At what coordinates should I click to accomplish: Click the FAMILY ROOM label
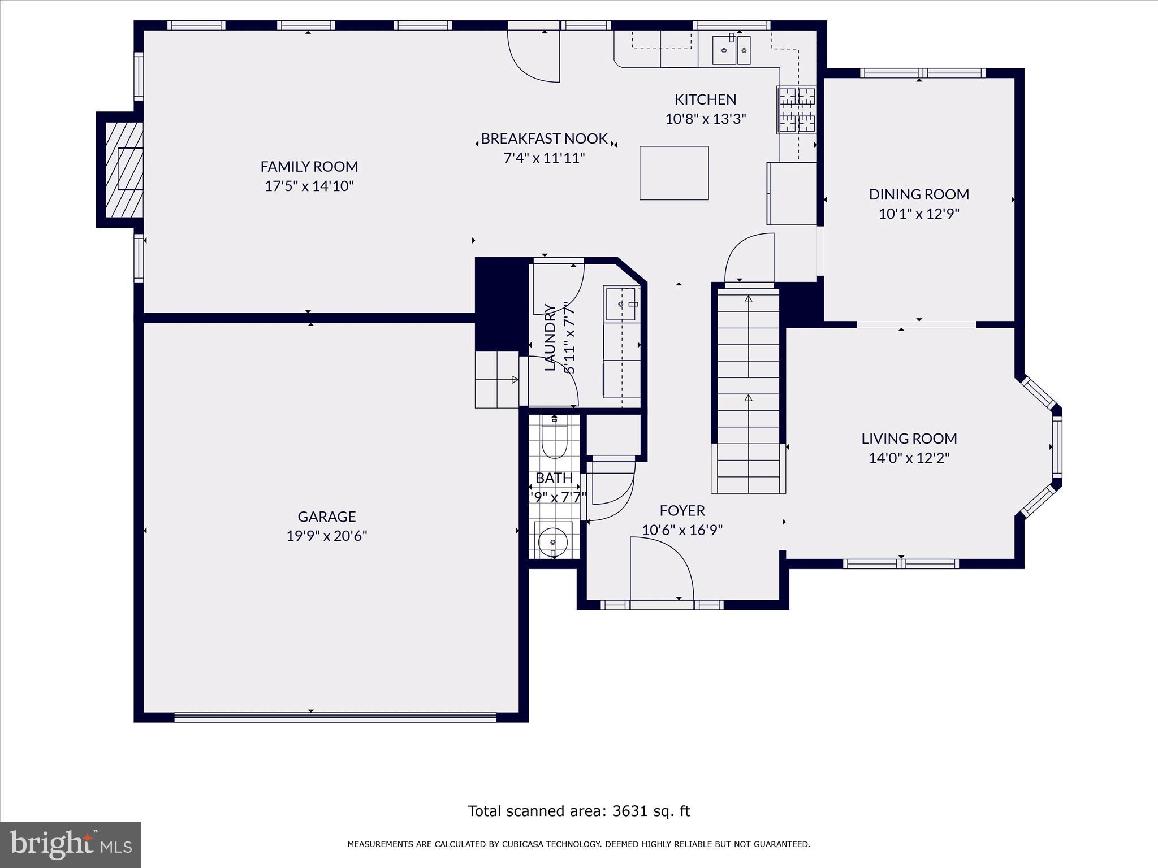[309, 167]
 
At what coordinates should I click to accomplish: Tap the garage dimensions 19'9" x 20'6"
[326, 536]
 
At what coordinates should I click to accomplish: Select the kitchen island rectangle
[673, 173]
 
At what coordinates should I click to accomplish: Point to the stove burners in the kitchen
[796, 110]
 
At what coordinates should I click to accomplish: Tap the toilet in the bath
[554, 439]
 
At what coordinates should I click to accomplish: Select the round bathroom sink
[553, 541]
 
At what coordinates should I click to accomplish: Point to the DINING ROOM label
[918, 194]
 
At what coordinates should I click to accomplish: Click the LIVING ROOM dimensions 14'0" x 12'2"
[909, 458]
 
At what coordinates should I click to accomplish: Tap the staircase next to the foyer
[748, 390]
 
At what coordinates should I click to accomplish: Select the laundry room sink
[621, 303]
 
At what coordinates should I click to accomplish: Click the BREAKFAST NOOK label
[544, 138]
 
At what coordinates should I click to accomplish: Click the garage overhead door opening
[335, 717]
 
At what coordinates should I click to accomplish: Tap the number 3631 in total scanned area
[629, 811]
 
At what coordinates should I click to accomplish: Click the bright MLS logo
[71, 844]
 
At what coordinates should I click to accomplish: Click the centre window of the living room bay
[1056, 446]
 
